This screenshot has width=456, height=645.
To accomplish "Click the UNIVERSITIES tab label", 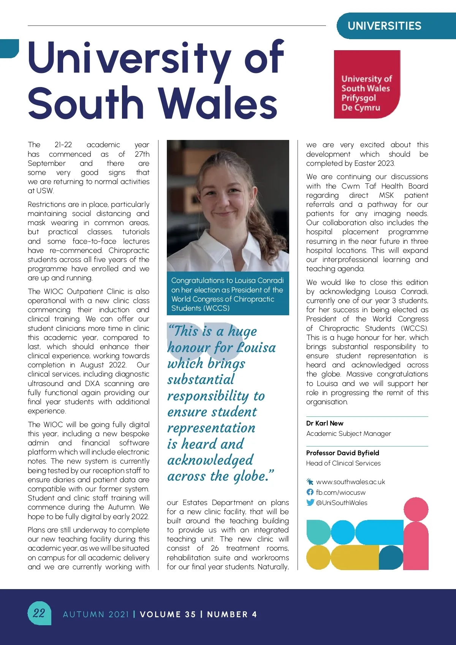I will pyautogui.click(x=384, y=26).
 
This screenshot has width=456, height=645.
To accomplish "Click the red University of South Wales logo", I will pyautogui.click(x=367, y=84).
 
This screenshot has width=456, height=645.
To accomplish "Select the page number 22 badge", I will pyautogui.click(x=39, y=613).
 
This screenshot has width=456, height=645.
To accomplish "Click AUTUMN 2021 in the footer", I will pyautogui.click(x=96, y=614).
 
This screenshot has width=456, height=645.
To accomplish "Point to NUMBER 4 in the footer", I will pyautogui.click(x=232, y=614).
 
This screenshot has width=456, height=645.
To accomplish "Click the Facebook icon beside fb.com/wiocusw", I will pyautogui.click(x=310, y=492).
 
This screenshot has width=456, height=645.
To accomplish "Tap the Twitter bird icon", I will pyautogui.click(x=310, y=502).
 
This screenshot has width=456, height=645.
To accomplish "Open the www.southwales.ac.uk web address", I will pyautogui.click(x=350, y=482).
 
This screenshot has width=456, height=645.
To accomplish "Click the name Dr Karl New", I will pyautogui.click(x=325, y=423).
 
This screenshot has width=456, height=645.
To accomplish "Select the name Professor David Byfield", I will pyautogui.click(x=342, y=453).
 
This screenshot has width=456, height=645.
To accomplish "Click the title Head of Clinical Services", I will pyautogui.click(x=343, y=463).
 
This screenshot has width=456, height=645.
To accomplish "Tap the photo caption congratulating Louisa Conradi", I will pyautogui.click(x=228, y=294).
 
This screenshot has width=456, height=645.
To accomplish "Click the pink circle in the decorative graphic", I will pyautogui.click(x=416, y=510).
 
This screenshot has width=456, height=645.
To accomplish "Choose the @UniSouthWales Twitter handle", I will pyautogui.click(x=342, y=503).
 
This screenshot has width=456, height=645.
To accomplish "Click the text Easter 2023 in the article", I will pyautogui.click(x=374, y=164).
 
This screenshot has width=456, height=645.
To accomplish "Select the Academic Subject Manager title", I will pyautogui.click(x=348, y=434).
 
